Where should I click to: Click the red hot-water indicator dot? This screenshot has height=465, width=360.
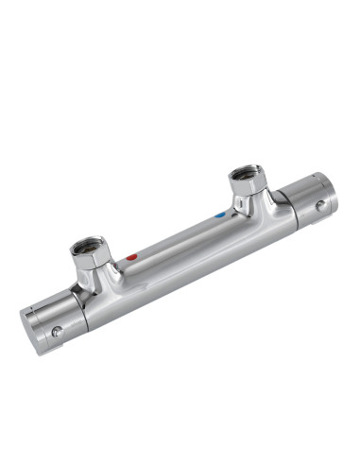(132, 256)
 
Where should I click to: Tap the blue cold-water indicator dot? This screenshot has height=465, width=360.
(220, 215)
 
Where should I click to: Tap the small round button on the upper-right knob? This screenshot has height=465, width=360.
(321, 204)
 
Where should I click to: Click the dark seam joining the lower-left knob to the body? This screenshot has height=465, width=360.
(84, 313)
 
